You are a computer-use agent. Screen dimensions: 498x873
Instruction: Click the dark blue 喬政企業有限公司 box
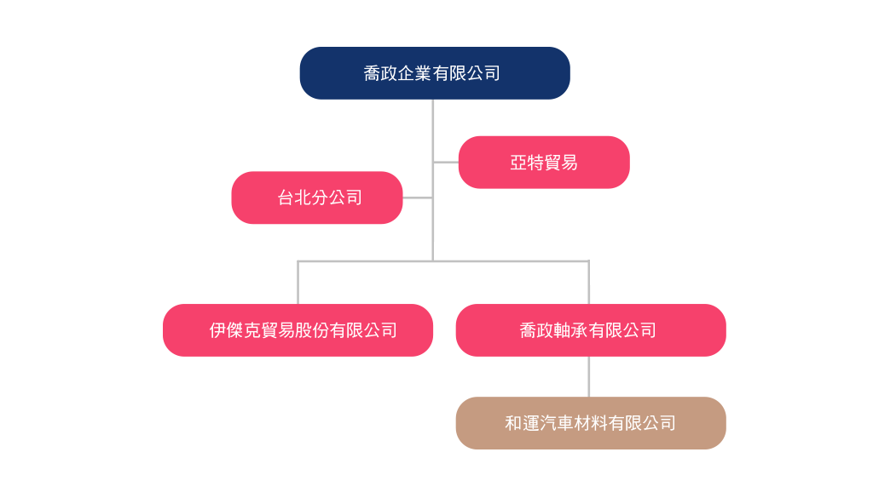[434, 73]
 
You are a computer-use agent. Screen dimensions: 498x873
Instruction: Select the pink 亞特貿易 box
[544, 162]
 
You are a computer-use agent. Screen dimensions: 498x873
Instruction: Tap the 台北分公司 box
[317, 197]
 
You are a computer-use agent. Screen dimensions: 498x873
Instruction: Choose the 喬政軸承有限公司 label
[587, 330]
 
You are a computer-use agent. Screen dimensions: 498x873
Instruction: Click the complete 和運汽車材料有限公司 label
[590, 423]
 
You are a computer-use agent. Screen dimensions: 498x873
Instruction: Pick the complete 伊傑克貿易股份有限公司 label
[303, 330]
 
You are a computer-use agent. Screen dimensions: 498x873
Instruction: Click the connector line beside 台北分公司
[417, 197]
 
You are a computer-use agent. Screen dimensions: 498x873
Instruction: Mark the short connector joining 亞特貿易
[446, 162]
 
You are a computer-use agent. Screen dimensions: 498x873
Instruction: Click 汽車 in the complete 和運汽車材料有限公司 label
[556, 423]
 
